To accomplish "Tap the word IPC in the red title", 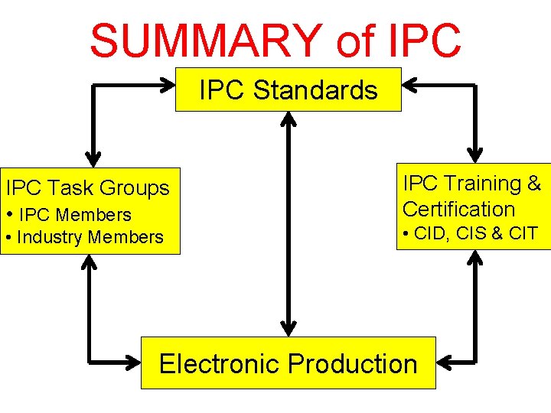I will pyautogui.click(x=420, y=41).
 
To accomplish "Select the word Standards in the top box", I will pyautogui.click(x=315, y=90).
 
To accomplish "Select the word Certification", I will pyautogui.click(x=458, y=209).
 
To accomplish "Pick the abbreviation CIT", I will pyautogui.click(x=523, y=234).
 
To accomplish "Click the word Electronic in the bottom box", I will pyautogui.click(x=219, y=363).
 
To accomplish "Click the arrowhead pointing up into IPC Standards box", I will pyautogui.click(x=289, y=119).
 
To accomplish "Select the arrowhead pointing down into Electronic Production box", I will pyautogui.click(x=289, y=329).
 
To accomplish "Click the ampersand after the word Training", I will pyautogui.click(x=534, y=184).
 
